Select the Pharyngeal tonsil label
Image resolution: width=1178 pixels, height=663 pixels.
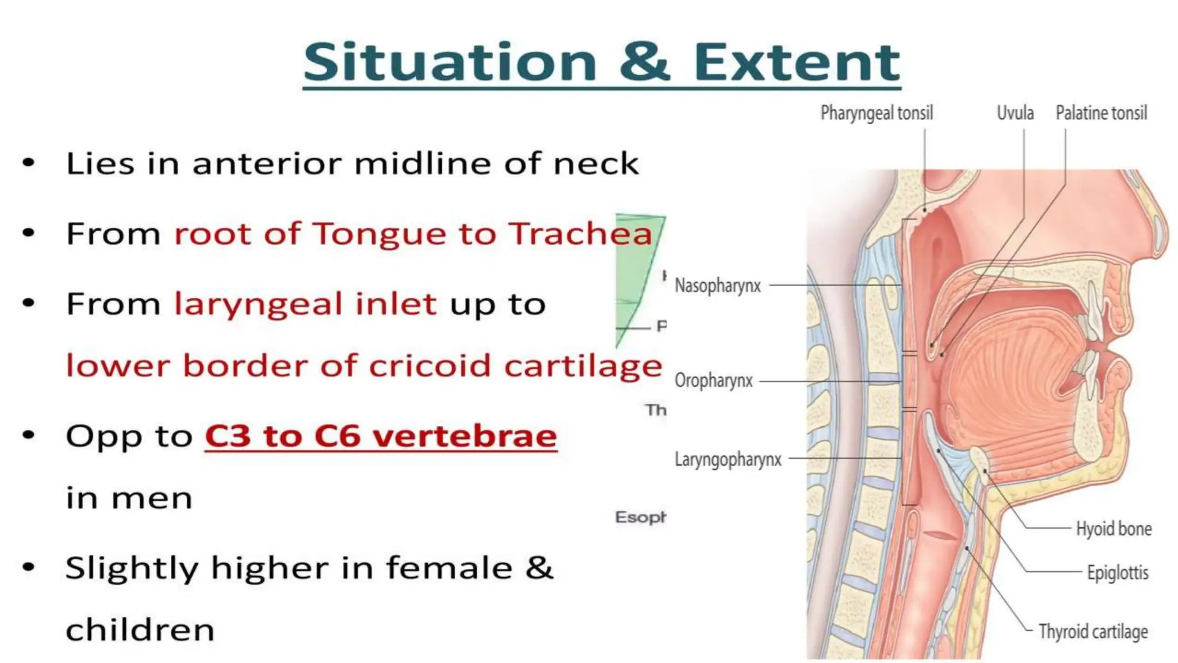877,113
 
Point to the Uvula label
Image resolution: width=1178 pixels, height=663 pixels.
1015,113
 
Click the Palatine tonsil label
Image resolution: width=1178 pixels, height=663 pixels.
1101,113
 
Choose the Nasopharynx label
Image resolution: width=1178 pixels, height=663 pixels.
718,285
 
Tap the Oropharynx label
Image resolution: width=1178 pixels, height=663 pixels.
714,380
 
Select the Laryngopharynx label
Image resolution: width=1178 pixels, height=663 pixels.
728,459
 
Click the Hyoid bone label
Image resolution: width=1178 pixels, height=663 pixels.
1114,528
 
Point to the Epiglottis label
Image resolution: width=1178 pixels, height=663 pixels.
1118,573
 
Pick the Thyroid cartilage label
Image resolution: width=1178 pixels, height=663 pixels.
1093,631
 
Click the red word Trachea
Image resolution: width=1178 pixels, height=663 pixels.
581,234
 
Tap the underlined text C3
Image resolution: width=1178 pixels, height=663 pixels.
228,436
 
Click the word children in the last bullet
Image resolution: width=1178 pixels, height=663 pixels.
140,630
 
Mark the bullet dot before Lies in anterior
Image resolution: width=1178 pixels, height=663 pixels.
29,163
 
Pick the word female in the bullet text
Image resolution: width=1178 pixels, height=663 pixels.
449,568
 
